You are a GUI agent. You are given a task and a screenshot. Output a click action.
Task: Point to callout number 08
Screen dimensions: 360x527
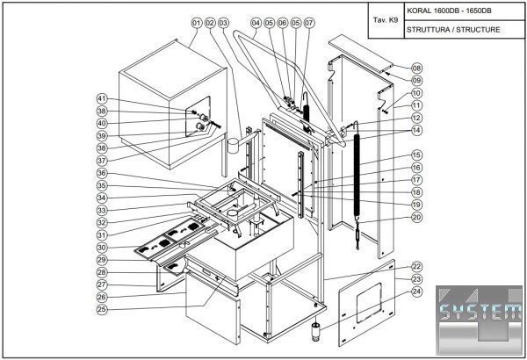(x=416, y=68)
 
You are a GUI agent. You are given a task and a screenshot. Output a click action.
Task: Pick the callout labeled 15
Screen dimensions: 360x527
(x=416, y=155)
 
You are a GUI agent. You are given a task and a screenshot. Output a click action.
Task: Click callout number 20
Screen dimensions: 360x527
(x=416, y=217)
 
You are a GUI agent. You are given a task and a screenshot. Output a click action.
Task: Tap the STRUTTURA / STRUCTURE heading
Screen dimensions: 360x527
(x=453, y=29)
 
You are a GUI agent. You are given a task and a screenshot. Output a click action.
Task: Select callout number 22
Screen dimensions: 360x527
(x=416, y=266)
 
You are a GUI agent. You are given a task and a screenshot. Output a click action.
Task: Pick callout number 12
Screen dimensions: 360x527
(x=416, y=117)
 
